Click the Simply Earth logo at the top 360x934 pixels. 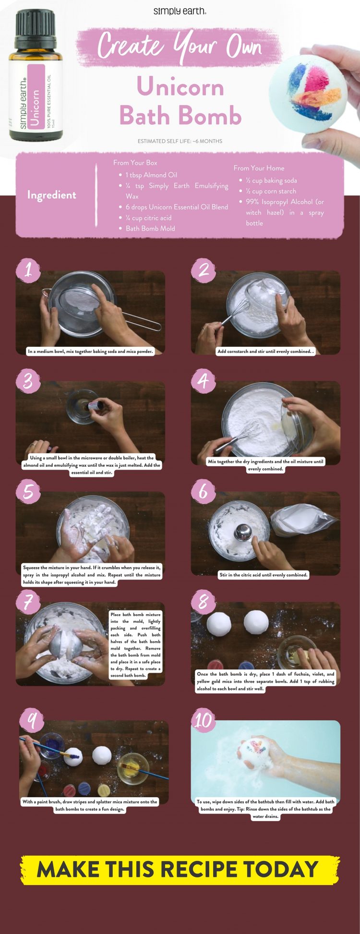pyautogui.click(x=180, y=11)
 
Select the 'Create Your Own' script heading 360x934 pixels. pyautogui.click(x=180, y=46)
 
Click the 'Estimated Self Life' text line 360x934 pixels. pyautogui.click(x=180, y=141)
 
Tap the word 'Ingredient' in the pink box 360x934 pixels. pyautogui.click(x=51, y=195)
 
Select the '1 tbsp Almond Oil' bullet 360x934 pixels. pyautogui.click(x=151, y=175)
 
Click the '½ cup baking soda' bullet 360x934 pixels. pyautogui.click(x=271, y=181)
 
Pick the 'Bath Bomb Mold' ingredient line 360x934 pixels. pyautogui.click(x=150, y=228)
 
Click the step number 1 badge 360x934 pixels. pyautogui.click(x=28, y=269)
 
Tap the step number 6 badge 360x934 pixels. pyautogui.click(x=204, y=491)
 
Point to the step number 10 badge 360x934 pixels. pyautogui.click(x=204, y=720)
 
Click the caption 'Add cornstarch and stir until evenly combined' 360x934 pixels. pyautogui.click(x=265, y=352)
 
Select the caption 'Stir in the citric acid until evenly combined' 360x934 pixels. pyautogui.click(x=264, y=575)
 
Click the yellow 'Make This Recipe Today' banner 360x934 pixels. pyautogui.click(x=180, y=870)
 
